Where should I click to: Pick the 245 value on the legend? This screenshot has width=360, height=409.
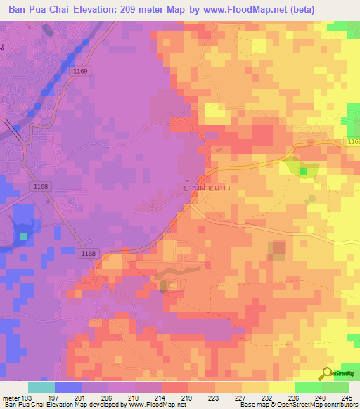click(347, 397)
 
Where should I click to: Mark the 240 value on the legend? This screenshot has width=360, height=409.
click(320, 397)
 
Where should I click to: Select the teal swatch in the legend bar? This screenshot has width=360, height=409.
click(41, 387)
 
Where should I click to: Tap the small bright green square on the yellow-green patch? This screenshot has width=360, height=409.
click(303, 171)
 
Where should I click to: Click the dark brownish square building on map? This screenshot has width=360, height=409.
click(279, 248)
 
